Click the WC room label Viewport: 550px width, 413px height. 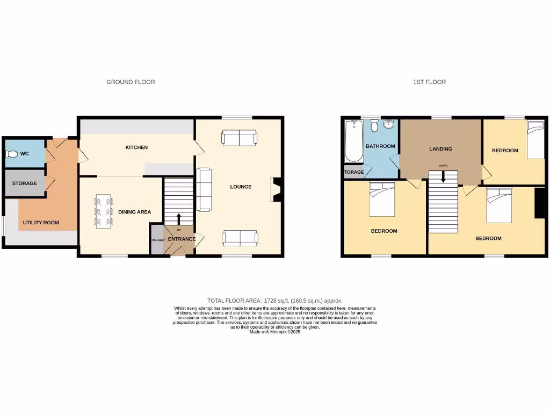24,154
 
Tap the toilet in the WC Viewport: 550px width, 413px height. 12,154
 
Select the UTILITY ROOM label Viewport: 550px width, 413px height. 41,223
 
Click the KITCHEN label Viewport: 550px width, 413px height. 136,147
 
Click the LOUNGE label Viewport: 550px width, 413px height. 241,187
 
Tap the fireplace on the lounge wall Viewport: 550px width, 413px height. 276,190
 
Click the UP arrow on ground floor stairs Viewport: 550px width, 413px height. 179,219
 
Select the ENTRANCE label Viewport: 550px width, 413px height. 182,239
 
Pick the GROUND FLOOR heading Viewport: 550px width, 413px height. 131,82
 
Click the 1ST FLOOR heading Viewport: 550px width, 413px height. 429,82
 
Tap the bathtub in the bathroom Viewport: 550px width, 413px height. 353,141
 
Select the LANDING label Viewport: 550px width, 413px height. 440,149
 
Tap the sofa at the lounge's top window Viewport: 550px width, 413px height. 239,138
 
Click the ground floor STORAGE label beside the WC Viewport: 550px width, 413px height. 25,183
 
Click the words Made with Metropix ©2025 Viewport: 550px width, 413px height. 275,332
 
